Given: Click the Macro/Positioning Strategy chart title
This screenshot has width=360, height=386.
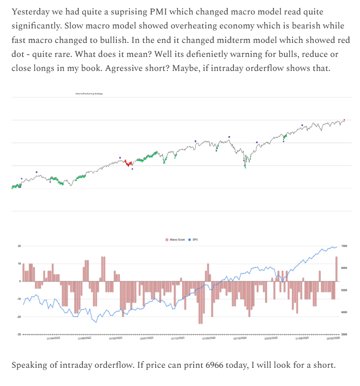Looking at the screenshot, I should (89, 94).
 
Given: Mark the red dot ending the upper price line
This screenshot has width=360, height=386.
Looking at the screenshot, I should (344, 120).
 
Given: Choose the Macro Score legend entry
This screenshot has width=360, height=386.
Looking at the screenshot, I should (175, 239).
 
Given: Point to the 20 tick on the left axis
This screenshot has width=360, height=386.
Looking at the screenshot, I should (20, 246).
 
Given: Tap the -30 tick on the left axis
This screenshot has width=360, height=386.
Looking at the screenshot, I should (19, 334).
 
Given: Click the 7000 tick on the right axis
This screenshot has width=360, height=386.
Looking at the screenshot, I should (344, 246).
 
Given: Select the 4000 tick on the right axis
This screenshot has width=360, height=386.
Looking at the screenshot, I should (344, 312).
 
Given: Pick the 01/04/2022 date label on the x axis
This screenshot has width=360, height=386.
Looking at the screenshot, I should (53, 339).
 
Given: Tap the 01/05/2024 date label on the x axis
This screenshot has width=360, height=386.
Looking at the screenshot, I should (209, 339).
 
